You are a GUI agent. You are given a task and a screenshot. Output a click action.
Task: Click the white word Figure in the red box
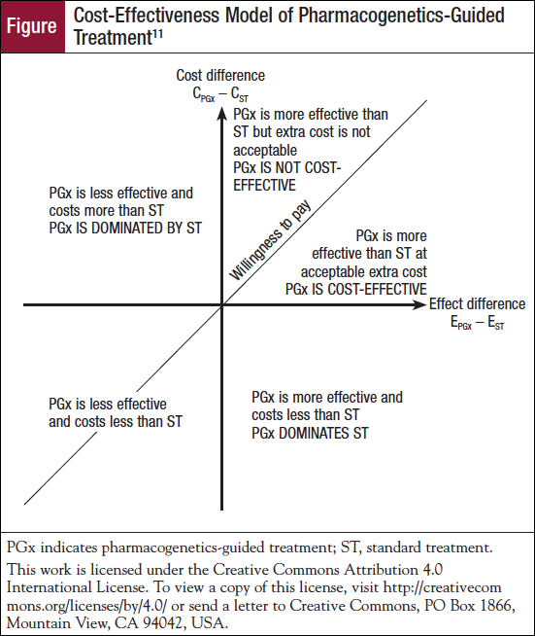click(32, 26)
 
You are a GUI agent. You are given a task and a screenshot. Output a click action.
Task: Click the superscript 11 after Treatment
click(157, 34)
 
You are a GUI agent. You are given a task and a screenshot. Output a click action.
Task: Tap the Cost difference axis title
click(220, 76)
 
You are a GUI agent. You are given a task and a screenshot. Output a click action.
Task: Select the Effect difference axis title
click(477, 303)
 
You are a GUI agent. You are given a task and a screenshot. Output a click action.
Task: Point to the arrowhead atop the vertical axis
click(221, 113)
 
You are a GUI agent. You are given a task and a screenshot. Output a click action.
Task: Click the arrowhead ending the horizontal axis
click(420, 304)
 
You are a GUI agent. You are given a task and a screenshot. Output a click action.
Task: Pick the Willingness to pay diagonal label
click(270, 240)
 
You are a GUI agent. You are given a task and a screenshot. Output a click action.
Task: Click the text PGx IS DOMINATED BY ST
click(125, 228)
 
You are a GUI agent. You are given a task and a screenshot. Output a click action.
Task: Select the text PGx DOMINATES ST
click(310, 433)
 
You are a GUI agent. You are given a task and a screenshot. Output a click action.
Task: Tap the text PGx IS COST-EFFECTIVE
click(356, 289)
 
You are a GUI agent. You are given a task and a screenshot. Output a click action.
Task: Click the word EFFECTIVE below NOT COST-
click(264, 186)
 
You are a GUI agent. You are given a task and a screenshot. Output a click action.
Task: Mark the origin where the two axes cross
click(222, 305)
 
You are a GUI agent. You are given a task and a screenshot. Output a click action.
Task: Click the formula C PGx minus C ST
click(220, 94)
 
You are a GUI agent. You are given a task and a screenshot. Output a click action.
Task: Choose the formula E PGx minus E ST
click(477, 323)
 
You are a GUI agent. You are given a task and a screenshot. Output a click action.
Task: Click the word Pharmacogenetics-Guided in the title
click(401, 16)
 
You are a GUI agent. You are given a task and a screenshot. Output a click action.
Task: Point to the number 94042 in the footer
click(163, 622)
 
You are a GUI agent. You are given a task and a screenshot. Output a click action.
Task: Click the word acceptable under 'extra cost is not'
click(265, 151)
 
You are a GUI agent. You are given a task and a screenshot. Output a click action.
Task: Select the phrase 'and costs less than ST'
click(116, 422)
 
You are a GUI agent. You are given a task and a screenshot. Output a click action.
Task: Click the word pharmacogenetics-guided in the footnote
click(184, 548)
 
